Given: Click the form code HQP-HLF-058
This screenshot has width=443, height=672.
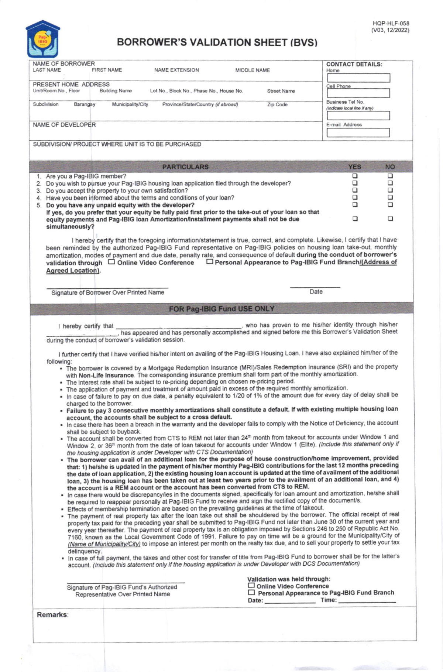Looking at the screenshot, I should click(391, 24).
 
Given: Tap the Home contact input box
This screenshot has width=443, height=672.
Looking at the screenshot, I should click(358, 78).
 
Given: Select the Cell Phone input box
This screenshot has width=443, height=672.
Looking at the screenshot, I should click(358, 93).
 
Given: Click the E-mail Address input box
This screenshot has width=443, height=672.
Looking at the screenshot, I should click(358, 133).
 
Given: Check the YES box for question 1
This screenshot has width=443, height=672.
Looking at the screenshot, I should click(355, 176).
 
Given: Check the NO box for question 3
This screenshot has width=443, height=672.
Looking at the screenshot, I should click(390, 191).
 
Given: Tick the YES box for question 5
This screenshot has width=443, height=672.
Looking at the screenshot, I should click(355, 205).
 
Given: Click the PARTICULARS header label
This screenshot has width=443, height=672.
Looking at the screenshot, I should click(185, 167).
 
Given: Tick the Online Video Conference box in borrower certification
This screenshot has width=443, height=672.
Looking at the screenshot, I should click(111, 262).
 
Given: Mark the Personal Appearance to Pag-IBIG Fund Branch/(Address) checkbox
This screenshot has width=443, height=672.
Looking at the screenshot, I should click(210, 262).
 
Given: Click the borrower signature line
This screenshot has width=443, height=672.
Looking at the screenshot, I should click(107, 287).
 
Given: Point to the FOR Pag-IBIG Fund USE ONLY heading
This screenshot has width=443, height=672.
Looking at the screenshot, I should click(221, 309).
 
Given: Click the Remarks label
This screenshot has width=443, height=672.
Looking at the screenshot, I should click(52, 615).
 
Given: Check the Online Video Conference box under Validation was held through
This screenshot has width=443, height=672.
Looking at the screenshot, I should click(251, 586).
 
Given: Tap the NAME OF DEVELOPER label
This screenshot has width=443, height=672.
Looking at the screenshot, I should click(64, 125).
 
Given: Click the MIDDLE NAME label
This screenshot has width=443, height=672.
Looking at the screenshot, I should click(253, 70).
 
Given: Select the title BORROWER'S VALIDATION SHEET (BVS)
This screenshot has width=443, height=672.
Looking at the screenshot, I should click(217, 42).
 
